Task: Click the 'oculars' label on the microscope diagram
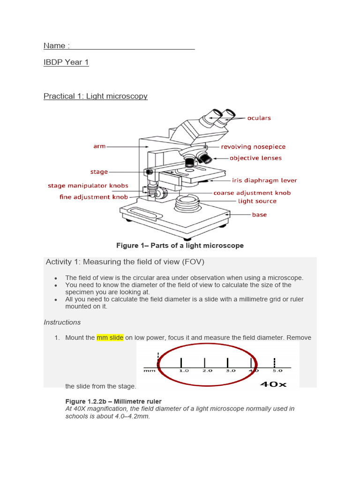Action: click(x=259, y=118)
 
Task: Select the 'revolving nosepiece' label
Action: click(x=253, y=147)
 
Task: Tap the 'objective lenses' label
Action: click(x=255, y=158)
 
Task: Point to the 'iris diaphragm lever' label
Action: click(x=264, y=180)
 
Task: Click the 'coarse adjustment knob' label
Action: click(x=252, y=193)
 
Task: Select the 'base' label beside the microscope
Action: click(x=259, y=215)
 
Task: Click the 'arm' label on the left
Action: click(x=99, y=146)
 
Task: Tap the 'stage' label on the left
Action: click(x=99, y=172)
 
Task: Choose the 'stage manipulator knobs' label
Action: click(x=88, y=186)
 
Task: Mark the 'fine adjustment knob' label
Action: click(x=94, y=197)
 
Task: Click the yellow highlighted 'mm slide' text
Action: click(x=110, y=337)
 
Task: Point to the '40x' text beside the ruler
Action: click(x=273, y=384)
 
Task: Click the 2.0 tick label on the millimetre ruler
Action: click(x=207, y=370)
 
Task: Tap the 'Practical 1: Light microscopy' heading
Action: click(x=96, y=96)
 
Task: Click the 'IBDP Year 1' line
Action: click(x=66, y=62)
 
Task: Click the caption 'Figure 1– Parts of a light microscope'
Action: click(x=180, y=246)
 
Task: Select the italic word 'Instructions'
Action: click(x=62, y=322)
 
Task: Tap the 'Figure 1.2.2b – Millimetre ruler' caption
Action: click(x=113, y=401)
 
